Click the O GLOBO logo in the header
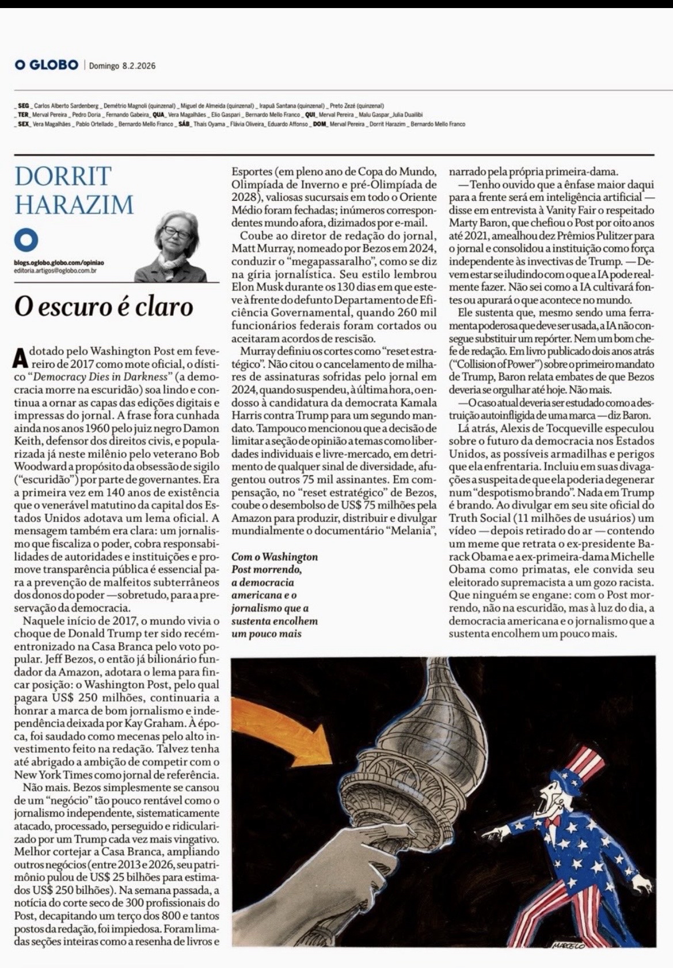click(x=47, y=65)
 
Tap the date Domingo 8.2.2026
click(x=122, y=66)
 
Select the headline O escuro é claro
click(x=104, y=306)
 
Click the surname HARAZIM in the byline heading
click(x=74, y=204)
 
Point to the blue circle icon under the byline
click(x=26, y=240)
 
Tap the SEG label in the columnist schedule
click(x=24, y=106)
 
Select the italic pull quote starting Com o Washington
click(x=274, y=594)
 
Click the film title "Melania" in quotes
click(x=412, y=530)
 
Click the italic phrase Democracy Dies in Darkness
click(x=104, y=376)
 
